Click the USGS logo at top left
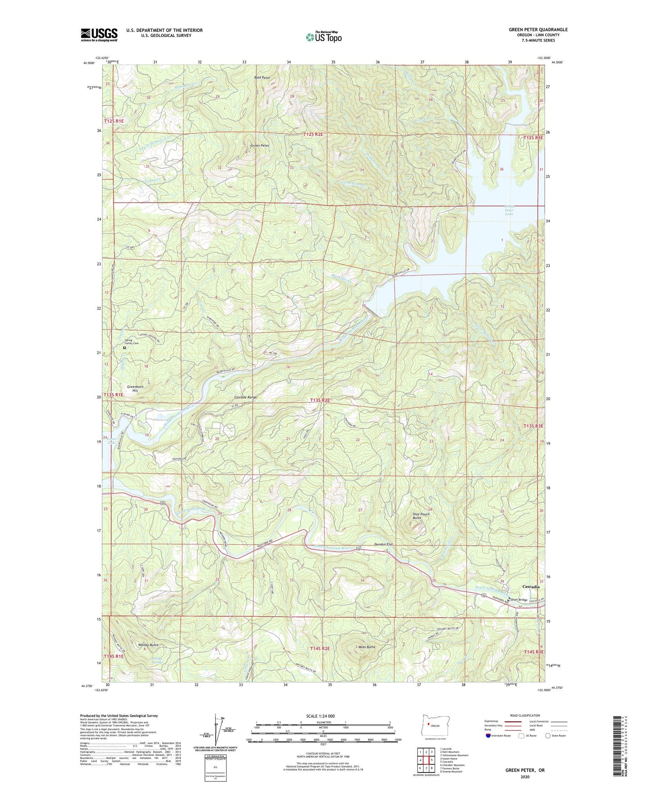99,35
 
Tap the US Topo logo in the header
323,37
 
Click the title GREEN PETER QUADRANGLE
538,30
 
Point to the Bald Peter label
262,77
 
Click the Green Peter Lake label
509,210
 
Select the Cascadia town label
531,587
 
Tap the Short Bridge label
519,600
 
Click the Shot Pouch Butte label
421,516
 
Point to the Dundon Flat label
383,544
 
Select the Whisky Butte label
148,645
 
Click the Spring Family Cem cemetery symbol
125,348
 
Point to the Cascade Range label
246,398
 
